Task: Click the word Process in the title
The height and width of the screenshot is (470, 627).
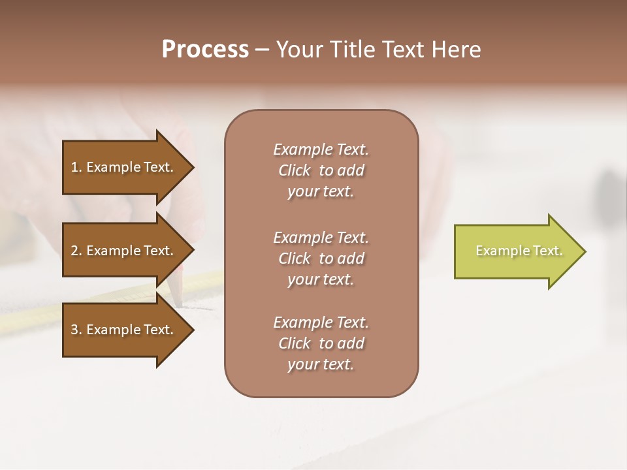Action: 205,49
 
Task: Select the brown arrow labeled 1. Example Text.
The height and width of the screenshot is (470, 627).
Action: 124,167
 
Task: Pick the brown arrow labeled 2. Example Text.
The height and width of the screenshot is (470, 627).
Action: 124,251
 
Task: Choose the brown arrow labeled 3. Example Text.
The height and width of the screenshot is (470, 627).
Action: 124,330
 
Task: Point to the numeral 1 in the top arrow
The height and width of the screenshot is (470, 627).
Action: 74,167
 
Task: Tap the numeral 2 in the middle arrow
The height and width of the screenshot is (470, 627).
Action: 74,251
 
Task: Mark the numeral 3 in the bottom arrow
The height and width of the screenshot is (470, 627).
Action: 74,330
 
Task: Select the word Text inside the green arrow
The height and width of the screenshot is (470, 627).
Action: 547,251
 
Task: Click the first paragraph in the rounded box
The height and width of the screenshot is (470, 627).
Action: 321,170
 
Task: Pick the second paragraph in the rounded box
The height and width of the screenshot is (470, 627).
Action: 321,258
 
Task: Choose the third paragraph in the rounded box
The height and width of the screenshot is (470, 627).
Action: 321,343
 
